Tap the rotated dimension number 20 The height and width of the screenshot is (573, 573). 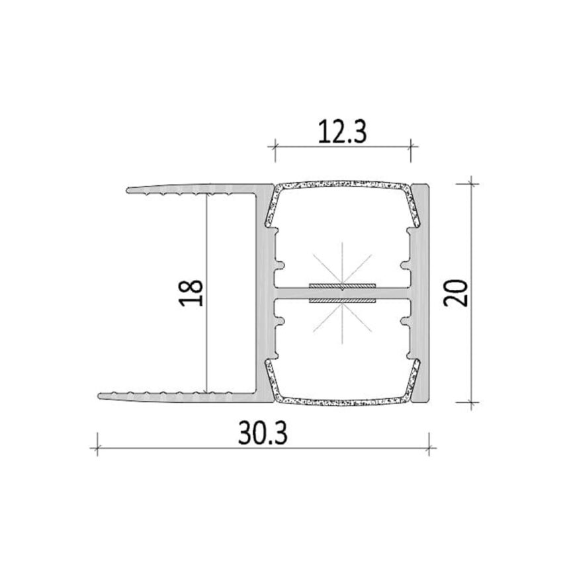point(456,292)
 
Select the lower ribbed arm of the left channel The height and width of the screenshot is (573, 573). point(179,396)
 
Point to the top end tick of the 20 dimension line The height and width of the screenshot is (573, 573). point(471,183)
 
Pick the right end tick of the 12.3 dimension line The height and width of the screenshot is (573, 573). point(410,147)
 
